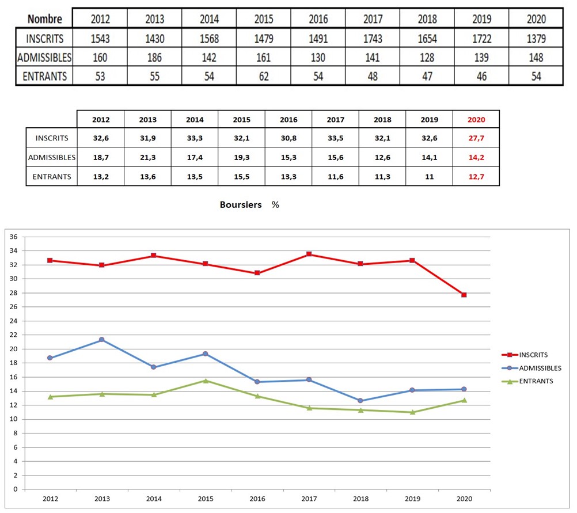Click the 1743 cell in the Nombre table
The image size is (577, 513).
373,39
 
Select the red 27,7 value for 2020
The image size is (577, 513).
476,138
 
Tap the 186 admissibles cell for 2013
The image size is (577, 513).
154,58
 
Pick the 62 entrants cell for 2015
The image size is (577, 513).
264,76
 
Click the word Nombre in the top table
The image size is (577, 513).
44,19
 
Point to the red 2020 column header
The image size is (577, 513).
476,120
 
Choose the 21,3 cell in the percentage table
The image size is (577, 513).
147,158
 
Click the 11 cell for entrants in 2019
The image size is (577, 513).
429,177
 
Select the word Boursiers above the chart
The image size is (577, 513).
241,204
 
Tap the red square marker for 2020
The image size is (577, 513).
464,295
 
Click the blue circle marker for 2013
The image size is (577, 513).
101,340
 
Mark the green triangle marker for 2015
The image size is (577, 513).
206,381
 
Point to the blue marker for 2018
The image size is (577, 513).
360,400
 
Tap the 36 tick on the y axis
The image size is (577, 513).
13,237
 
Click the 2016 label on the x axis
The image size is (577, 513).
257,499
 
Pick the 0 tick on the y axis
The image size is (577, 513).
15,489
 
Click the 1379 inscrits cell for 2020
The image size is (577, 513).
536,39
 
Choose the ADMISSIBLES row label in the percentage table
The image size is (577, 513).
52,158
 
